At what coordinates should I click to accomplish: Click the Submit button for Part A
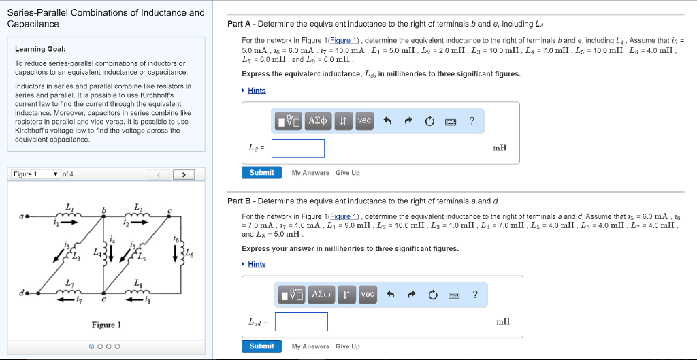pos(261,173)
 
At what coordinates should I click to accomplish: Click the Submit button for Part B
pos(261,346)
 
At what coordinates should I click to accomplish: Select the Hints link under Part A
pos(257,91)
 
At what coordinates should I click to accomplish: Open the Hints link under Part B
pos(257,264)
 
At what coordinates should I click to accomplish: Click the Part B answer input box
pos(302,322)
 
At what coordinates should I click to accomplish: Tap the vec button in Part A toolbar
pos(364,121)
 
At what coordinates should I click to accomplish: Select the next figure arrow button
pos(182,175)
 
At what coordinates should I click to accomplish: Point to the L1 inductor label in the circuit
pos(69,206)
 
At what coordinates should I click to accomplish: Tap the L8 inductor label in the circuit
pos(138,283)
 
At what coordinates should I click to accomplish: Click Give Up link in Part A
pos(347,173)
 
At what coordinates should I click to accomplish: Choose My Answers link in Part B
pos(310,346)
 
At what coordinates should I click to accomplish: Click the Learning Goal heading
pos(41,49)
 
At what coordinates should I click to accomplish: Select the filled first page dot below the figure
pos(92,346)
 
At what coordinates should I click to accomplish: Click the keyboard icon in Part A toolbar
pos(450,122)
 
